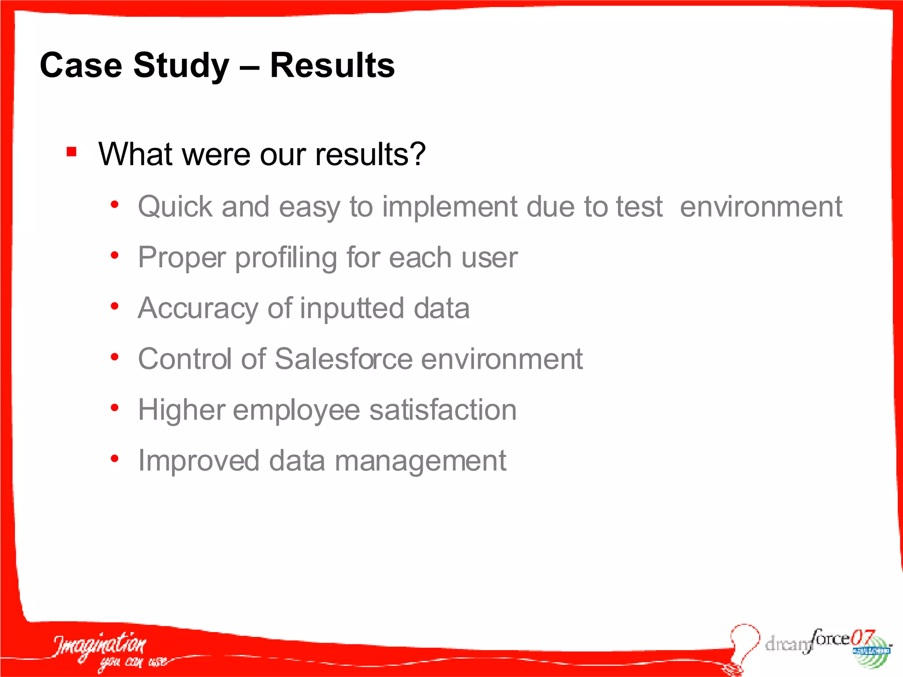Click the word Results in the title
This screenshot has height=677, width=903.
pyautogui.click(x=332, y=65)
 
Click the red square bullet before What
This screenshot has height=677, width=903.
pyautogui.click(x=71, y=152)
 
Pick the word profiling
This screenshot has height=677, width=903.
pyautogui.click(x=286, y=258)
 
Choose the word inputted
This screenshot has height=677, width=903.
pyautogui.click(x=352, y=309)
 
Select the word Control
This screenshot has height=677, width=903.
pyautogui.click(x=185, y=359)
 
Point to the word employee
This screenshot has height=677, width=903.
pyautogui.click(x=296, y=410)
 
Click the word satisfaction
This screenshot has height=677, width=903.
pyautogui.click(x=443, y=409)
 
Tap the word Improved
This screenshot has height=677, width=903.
pyautogui.click(x=198, y=461)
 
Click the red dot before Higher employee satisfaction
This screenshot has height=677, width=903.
pyautogui.click(x=115, y=408)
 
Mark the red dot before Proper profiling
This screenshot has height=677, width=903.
pyautogui.click(x=115, y=255)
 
